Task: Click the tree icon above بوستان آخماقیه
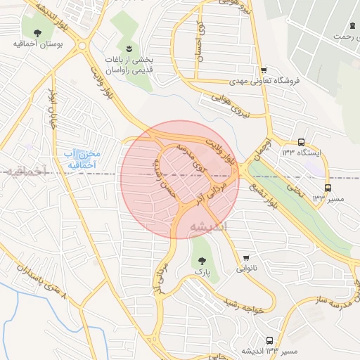pos(37,32)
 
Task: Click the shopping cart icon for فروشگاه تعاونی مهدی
pos(264,70)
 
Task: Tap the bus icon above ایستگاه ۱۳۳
pos(302,141)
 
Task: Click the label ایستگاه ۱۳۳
pos(302,152)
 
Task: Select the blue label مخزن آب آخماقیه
pos(82,160)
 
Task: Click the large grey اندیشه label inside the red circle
pos(208,226)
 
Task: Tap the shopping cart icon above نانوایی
pos(246,258)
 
